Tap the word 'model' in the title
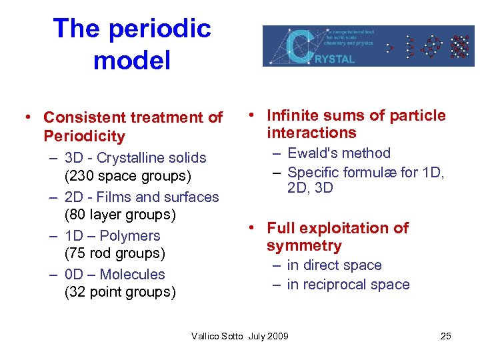click(x=132, y=61)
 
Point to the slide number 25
click(x=446, y=336)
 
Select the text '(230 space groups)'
click(x=127, y=177)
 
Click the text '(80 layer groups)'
click(x=120, y=215)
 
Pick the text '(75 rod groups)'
click(x=114, y=253)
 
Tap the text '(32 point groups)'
click(x=120, y=292)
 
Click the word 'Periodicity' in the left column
click(x=84, y=137)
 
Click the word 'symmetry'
click(x=304, y=246)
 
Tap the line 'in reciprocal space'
click(x=348, y=285)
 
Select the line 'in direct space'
click(x=334, y=265)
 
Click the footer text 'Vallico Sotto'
click(x=218, y=336)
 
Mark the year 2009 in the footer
click(x=277, y=336)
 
